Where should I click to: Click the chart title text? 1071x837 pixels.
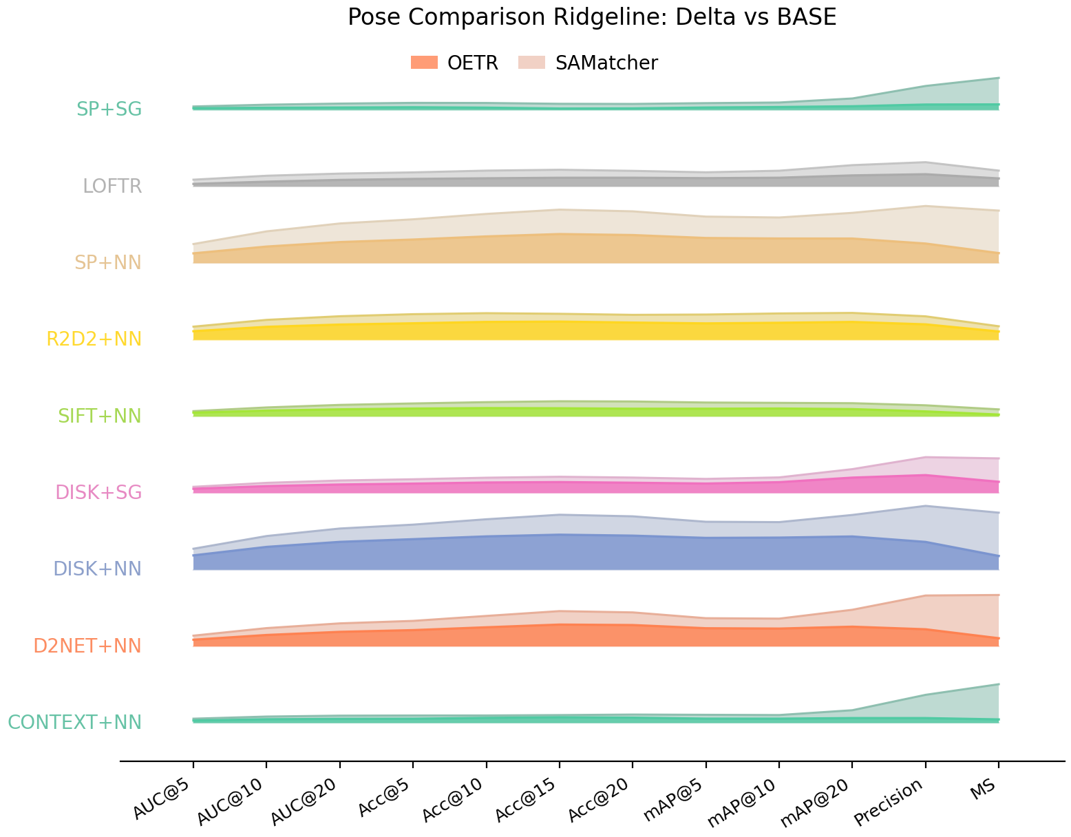(592, 17)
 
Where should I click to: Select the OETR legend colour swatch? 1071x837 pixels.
(424, 63)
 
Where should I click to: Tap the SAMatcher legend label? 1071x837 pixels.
(606, 63)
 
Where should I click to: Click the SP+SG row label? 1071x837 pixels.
(109, 109)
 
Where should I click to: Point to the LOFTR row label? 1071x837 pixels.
(112, 186)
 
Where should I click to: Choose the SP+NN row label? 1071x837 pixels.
(108, 262)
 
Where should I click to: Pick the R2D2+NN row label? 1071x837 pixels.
(94, 339)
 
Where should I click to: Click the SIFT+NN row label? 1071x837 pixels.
(99, 416)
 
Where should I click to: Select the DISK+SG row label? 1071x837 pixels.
(98, 492)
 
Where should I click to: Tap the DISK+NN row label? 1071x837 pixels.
(97, 569)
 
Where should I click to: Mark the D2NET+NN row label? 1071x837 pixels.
(87, 646)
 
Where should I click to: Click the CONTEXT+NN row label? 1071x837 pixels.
(74, 722)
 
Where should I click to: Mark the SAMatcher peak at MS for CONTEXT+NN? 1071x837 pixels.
(999, 684)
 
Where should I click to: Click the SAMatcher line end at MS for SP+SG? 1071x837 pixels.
(999, 78)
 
